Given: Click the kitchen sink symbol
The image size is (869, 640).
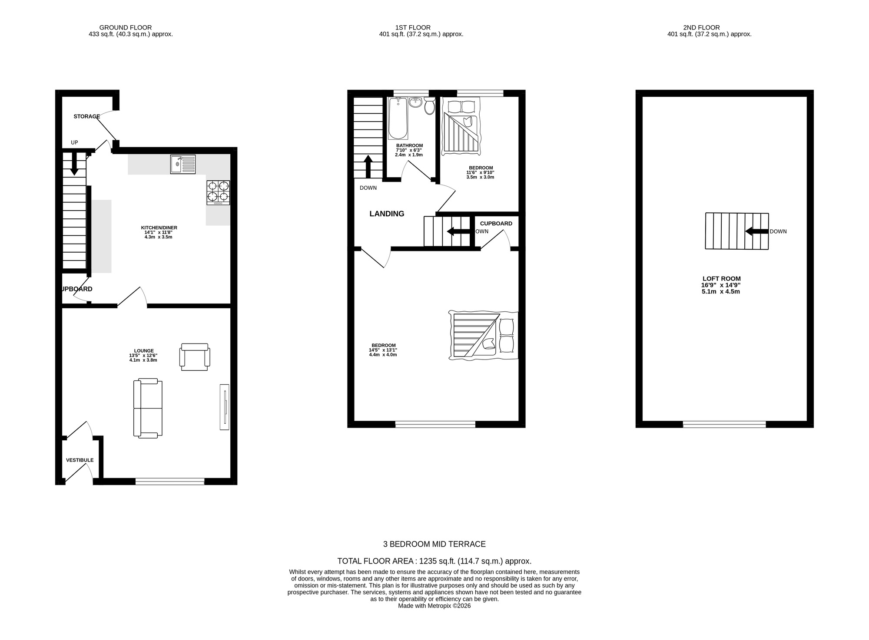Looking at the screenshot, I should click(x=183, y=164).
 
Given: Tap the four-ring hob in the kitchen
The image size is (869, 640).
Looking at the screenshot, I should click(x=218, y=192).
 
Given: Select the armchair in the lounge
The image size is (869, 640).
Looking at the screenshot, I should click(x=195, y=357).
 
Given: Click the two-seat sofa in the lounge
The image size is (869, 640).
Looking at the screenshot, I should click(x=148, y=408).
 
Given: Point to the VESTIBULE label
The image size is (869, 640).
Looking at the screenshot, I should click(x=80, y=460).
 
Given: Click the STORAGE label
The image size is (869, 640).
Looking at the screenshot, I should click(x=86, y=116).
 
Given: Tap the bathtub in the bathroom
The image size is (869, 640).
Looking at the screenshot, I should click(x=398, y=118).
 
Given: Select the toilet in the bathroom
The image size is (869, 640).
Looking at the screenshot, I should click(x=430, y=106).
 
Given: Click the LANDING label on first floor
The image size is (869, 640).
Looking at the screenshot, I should click(x=387, y=214).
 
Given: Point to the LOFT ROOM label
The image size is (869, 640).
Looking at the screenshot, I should click(x=721, y=279).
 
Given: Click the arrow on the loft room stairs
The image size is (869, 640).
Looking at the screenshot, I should click(x=756, y=231).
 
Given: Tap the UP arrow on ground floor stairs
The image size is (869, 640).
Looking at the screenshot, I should click(x=74, y=164).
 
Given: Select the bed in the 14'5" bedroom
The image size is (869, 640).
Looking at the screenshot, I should click(x=483, y=335).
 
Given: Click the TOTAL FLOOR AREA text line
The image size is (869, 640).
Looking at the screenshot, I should click(x=434, y=561).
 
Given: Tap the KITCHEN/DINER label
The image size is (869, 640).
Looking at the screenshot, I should click(x=159, y=228).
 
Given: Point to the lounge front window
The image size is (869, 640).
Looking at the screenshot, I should click(x=170, y=481).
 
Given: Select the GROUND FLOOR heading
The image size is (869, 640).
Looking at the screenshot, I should click(x=126, y=27).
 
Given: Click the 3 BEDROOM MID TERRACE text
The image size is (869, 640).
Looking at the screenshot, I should click(x=434, y=544).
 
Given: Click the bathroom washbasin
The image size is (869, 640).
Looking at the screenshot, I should click(x=415, y=103).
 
